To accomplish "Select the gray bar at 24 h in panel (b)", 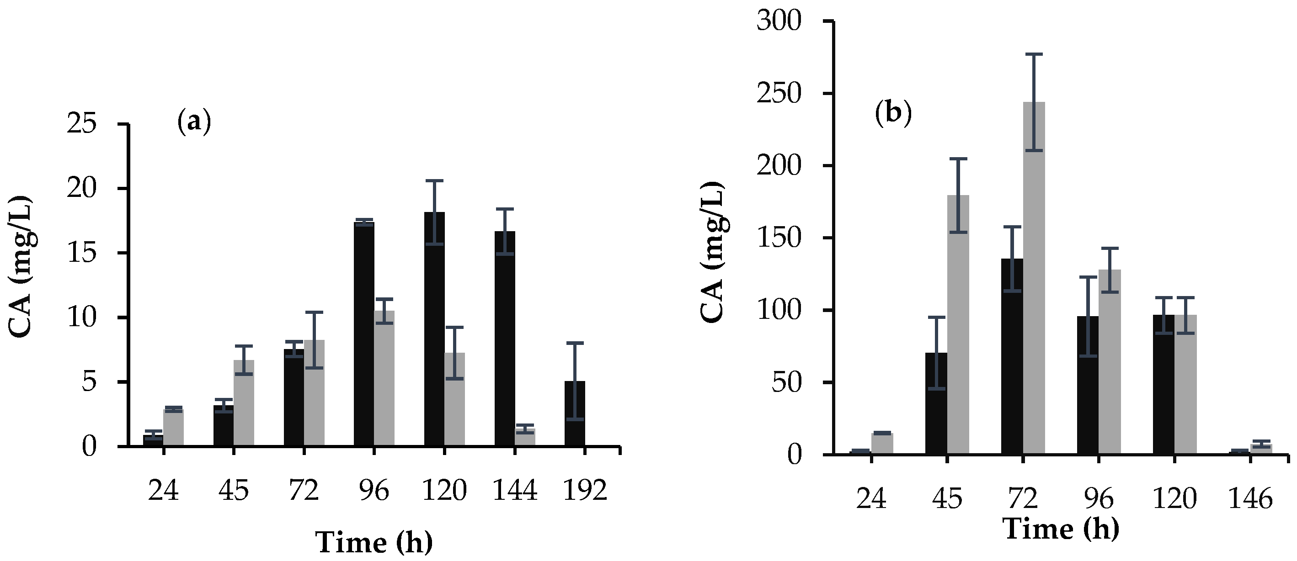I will (882, 444).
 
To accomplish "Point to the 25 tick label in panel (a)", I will (81, 123).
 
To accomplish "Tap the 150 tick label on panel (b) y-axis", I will (779, 238).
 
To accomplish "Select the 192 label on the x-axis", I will (585, 490).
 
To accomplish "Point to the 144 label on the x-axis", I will (515, 490).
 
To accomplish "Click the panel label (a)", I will (194, 122).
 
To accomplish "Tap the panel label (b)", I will (893, 114).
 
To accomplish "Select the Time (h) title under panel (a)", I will (374, 542).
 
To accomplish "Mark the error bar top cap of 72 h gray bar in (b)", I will (1034, 54).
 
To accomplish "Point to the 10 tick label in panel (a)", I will (81, 318).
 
